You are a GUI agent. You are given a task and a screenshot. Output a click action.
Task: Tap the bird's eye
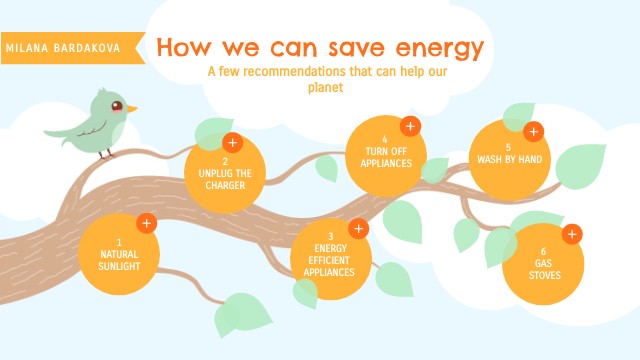117,104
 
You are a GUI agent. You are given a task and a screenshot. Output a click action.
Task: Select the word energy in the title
438,48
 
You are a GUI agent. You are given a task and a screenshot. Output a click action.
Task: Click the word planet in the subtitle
326,87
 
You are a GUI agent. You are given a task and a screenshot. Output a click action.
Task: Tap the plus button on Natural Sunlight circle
146,223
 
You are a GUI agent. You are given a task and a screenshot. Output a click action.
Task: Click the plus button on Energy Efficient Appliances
359,228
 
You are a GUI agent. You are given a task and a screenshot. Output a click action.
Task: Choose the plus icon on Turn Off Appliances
409,126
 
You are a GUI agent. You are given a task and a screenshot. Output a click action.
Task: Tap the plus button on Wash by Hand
533,131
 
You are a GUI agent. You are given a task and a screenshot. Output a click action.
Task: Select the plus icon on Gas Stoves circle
572,235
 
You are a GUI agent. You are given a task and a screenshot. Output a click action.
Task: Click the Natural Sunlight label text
119,260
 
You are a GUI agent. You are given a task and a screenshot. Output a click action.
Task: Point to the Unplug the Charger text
226,178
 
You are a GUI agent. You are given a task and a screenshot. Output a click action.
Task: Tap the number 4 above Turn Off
384,139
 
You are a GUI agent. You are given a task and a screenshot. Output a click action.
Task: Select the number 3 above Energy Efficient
330,236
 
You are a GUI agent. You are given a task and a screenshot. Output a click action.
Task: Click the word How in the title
182,48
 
